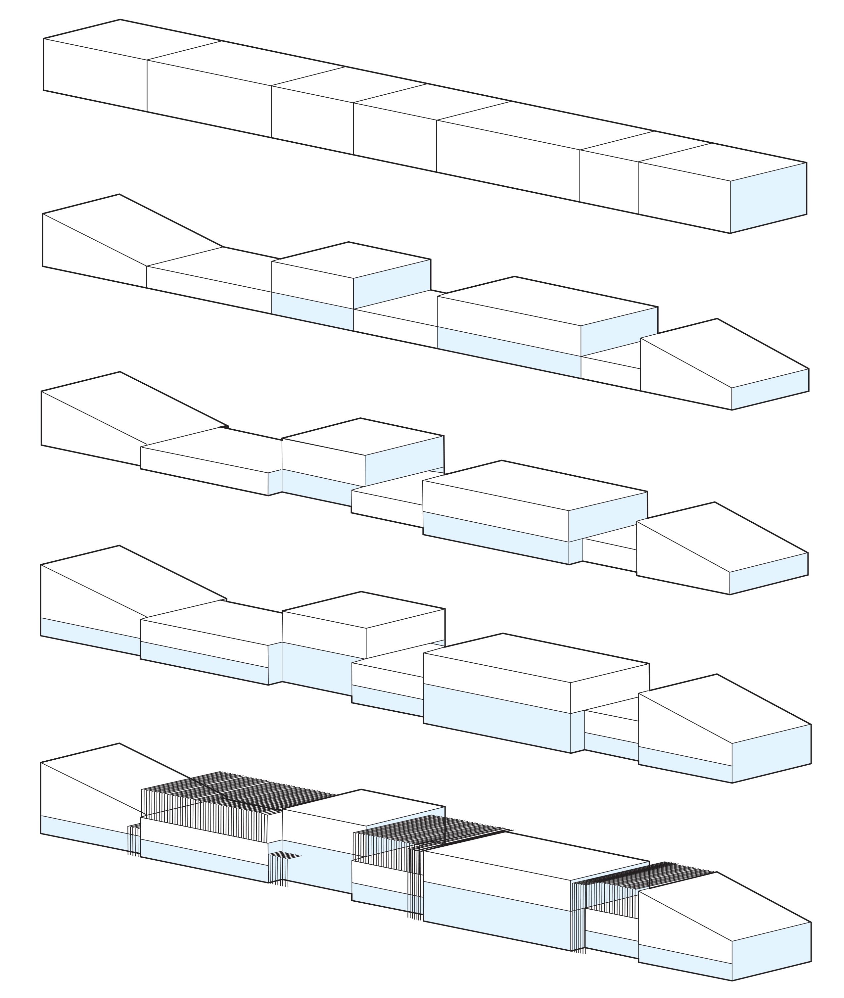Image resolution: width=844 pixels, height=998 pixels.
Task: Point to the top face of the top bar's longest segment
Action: (x=545, y=125)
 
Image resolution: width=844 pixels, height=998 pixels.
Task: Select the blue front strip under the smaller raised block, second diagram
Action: (x=312, y=311)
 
